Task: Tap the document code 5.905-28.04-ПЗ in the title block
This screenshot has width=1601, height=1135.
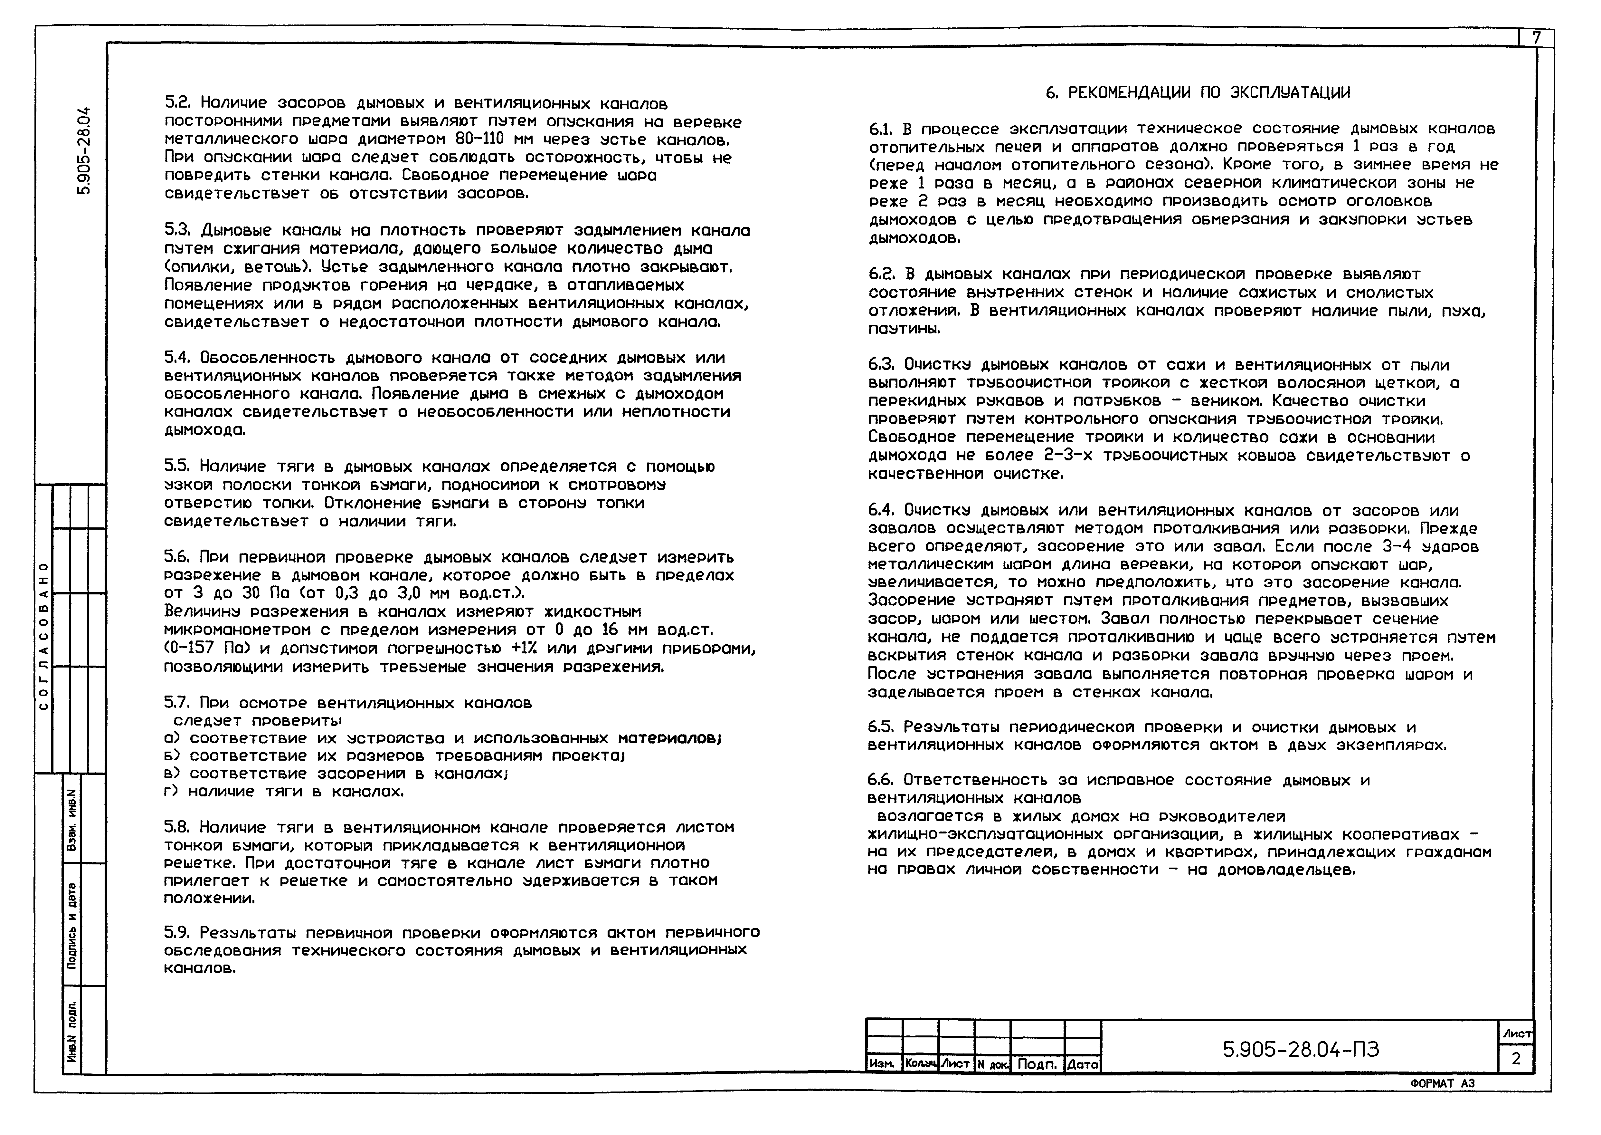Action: [x=1301, y=1050]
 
